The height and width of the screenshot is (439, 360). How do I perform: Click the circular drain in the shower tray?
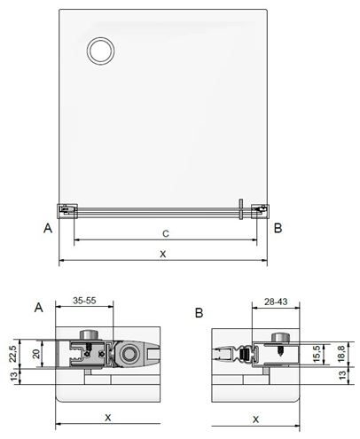point(100,51)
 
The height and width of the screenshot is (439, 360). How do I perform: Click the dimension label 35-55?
point(84,301)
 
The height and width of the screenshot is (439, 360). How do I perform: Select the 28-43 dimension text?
point(276,302)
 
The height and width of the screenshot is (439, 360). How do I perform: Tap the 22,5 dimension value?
point(12,354)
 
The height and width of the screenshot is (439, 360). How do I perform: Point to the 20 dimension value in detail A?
point(36,354)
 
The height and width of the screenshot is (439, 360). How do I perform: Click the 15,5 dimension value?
point(317,354)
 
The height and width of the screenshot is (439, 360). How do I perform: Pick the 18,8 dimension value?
point(341,354)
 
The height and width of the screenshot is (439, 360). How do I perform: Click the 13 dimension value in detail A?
point(13,377)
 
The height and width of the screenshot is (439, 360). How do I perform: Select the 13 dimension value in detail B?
point(342,375)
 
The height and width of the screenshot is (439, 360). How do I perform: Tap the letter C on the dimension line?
point(166,234)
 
